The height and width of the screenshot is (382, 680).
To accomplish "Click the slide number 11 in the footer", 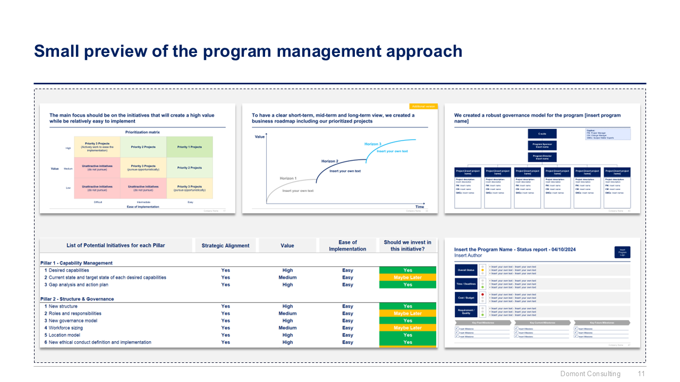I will pos(641,374).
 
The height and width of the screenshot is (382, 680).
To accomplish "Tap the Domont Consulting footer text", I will pos(590,374).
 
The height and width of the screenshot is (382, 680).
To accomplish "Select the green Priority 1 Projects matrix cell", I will pos(190,147).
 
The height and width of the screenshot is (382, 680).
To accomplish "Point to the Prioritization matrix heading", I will pos(142,132).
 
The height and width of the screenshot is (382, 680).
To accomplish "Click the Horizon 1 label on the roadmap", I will pos(288,178).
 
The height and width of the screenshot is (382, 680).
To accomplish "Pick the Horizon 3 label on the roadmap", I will pos(372,144).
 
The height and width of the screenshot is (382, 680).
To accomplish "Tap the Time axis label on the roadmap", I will pos(420,206).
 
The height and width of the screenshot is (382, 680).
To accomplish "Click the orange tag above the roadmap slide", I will pos(423,107).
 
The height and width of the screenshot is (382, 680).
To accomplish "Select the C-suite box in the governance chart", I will pos(542,134).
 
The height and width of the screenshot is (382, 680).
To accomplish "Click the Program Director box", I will pos(542,157).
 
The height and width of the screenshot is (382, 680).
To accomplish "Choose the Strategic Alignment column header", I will pos(225,246).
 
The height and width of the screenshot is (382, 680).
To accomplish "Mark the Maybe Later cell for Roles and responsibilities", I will pos(407,314).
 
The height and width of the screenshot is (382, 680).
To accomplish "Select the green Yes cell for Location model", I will pos(407,335).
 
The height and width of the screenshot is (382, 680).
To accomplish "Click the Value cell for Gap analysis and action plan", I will pos(287,285).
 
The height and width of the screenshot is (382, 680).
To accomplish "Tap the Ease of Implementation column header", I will pos(347,246).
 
